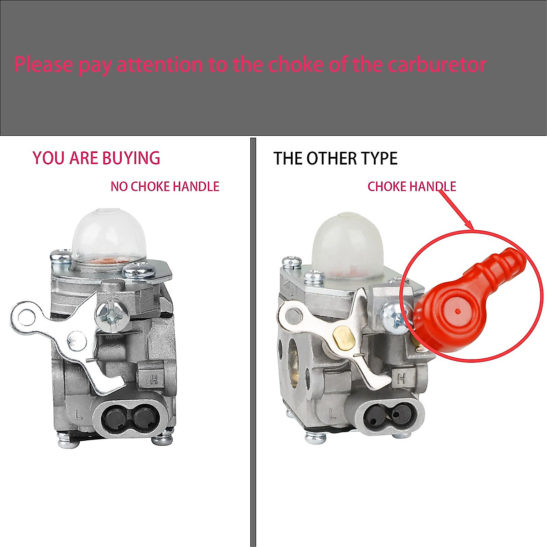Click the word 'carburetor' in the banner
437,65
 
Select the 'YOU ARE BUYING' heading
96,158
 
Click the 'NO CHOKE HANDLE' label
165,186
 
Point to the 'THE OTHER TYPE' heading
335,159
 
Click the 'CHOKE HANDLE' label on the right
412,186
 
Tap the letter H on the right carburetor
401,378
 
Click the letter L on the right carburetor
331,414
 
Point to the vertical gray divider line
253,342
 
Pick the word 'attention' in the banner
160,65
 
